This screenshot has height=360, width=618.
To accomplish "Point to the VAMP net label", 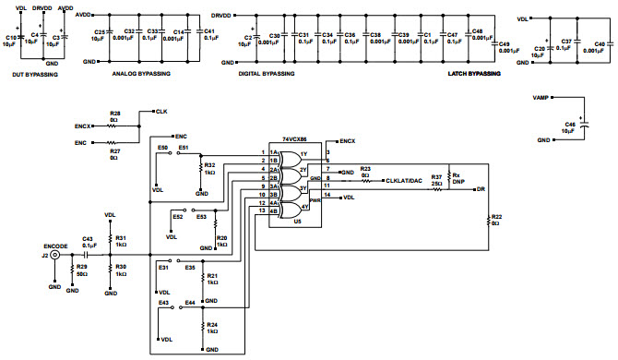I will tap(541, 96).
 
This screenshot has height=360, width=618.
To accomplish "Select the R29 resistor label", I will tap(82, 266).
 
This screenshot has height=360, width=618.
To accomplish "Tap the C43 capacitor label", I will tap(88, 237).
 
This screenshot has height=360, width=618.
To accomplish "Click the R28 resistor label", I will tap(115, 114).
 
